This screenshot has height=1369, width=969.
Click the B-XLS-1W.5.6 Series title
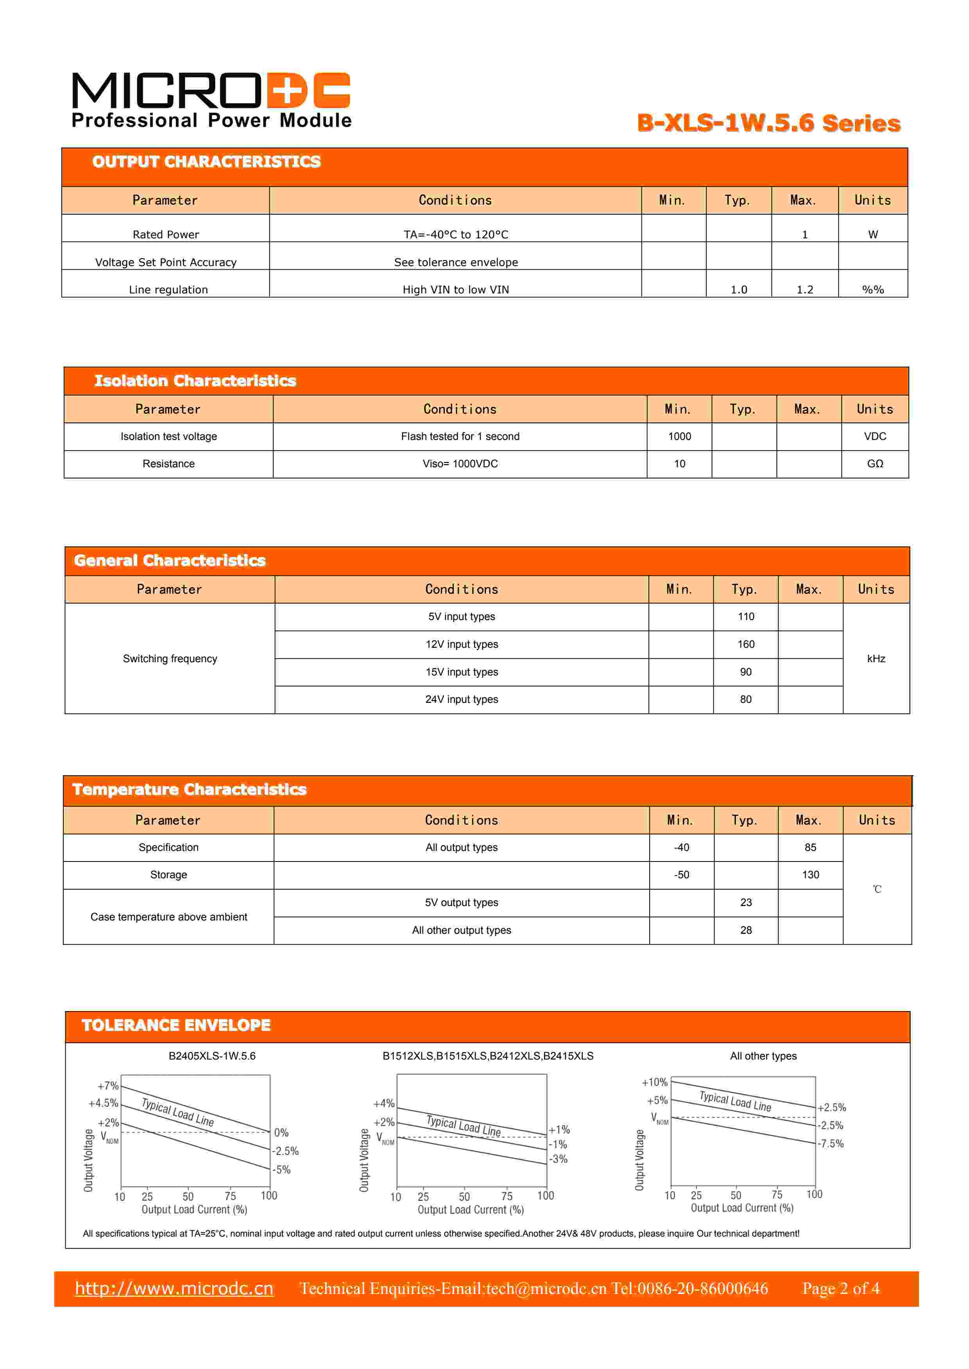click(768, 123)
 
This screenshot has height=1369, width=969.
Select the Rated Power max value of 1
click(804, 234)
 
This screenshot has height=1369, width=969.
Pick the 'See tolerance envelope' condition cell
click(455, 262)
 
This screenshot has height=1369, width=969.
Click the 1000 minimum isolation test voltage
click(679, 436)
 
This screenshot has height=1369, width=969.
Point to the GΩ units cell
click(875, 464)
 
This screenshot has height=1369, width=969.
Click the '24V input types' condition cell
click(461, 699)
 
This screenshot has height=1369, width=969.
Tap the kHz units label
click(875, 659)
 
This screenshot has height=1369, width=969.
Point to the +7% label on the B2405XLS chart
click(108, 1086)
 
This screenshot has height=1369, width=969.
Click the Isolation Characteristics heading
click(195, 381)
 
